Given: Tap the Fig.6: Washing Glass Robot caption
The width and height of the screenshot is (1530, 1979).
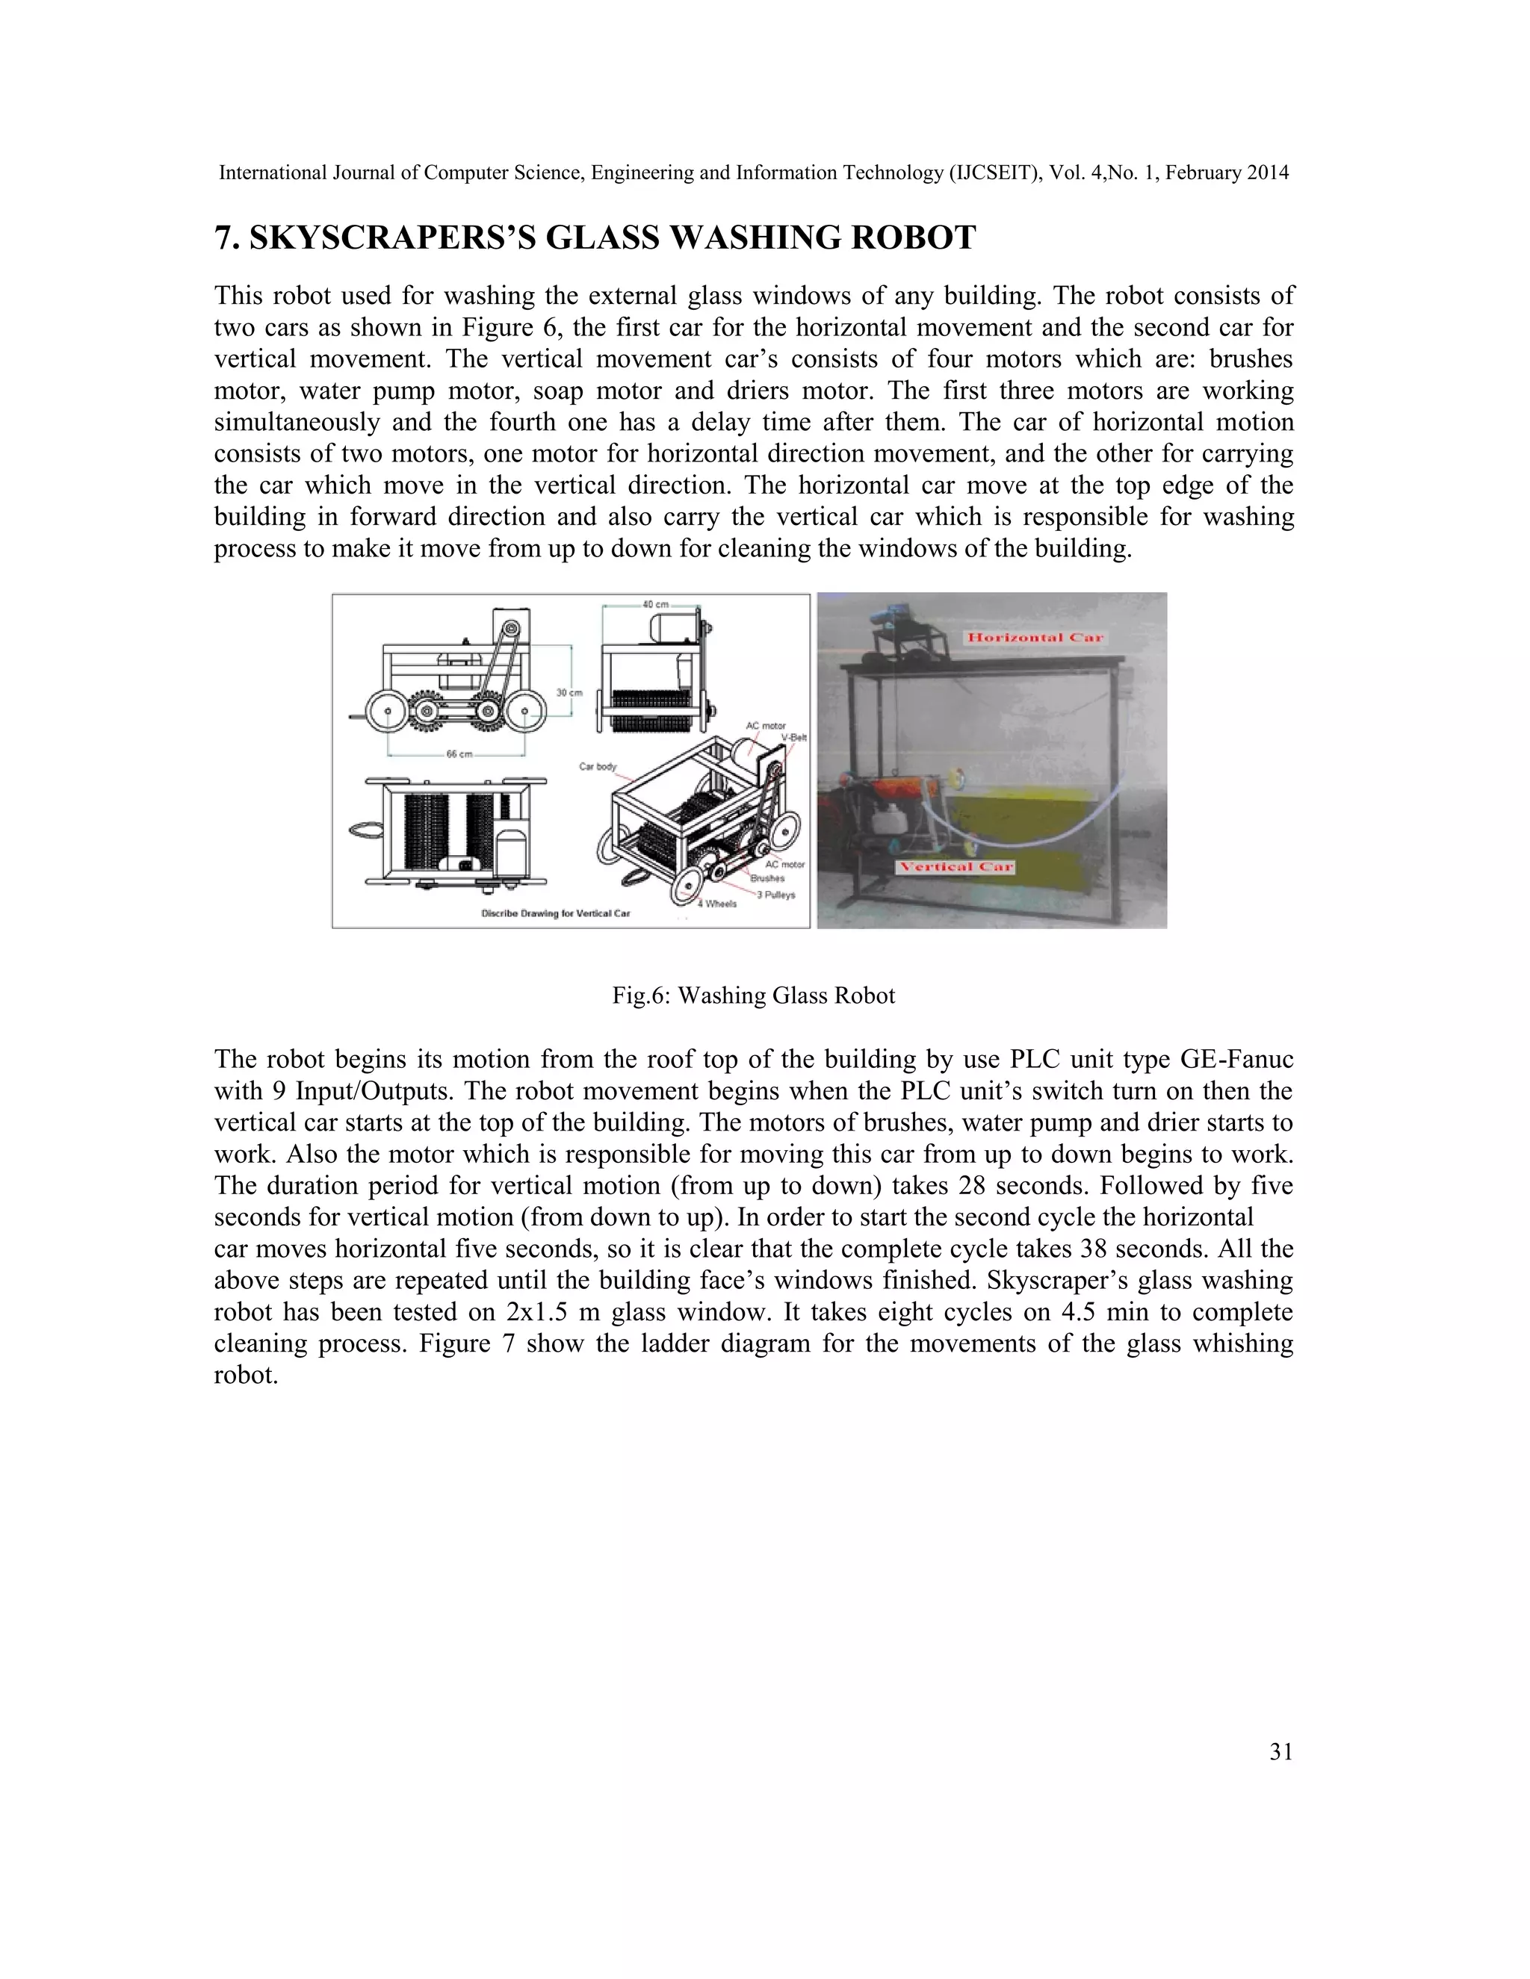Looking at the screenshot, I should point(753,995).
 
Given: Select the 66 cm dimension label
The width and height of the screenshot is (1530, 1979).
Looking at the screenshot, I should point(459,754).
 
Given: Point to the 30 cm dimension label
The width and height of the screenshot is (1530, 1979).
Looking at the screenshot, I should point(569,692).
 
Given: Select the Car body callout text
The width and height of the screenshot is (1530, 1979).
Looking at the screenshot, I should point(598,767).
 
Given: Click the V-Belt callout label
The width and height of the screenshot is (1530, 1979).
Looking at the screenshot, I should point(793,738).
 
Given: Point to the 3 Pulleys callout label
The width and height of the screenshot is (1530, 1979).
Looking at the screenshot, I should point(776,895).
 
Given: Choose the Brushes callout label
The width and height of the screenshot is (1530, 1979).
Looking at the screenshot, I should point(766,878).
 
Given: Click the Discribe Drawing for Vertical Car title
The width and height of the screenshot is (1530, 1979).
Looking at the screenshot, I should point(555,913).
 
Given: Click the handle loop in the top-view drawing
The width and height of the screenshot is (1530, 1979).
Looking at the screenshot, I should point(366,828).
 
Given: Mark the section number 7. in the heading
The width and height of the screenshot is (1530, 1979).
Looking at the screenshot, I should point(226,238).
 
